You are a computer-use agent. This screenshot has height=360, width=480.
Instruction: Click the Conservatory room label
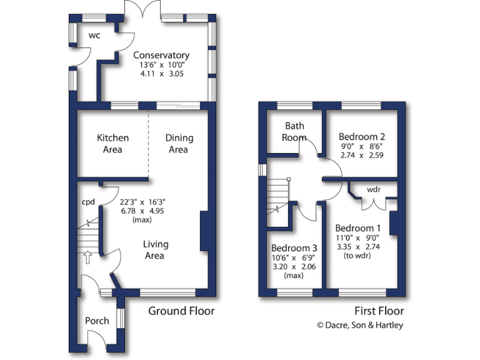[x=161, y=55]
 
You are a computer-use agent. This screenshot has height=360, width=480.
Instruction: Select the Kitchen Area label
[x=112, y=144]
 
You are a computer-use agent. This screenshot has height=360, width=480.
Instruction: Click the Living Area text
[x=155, y=250]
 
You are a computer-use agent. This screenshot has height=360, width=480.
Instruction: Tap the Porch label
[x=97, y=321]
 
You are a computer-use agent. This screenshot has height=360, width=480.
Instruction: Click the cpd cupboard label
[x=88, y=202]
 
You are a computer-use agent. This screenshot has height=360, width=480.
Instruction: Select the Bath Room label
[x=294, y=131]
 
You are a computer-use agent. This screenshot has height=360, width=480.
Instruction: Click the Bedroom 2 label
[x=361, y=137]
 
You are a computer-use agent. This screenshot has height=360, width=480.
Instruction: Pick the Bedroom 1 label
[x=357, y=227]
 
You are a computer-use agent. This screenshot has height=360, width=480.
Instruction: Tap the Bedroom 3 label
[x=293, y=247]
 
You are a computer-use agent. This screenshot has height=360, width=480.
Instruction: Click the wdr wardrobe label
[x=374, y=189]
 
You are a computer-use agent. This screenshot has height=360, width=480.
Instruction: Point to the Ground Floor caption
[x=181, y=311]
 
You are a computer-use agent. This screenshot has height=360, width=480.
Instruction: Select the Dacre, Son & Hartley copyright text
[x=360, y=324]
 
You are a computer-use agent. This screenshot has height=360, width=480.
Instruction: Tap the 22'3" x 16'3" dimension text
[x=142, y=202]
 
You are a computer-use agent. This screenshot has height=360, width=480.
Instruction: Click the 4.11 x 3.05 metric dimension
[x=161, y=73]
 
